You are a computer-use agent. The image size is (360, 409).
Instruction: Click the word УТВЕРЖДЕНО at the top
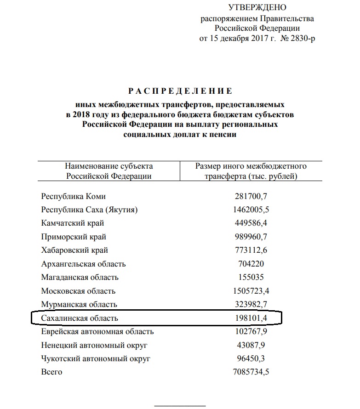[257, 7]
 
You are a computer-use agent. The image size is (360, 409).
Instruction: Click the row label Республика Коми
[74, 197]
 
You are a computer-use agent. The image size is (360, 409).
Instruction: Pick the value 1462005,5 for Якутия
[251, 210]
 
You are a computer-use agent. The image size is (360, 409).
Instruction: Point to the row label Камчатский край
[73, 223]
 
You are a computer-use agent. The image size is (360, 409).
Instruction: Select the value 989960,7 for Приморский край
[251, 237]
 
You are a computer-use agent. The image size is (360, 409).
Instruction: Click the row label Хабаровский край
[75, 250]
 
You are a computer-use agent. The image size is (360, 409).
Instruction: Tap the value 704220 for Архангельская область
[251, 264]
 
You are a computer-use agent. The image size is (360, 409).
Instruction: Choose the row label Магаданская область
[80, 277]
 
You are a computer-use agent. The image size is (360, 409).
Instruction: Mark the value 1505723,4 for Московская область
[251, 291]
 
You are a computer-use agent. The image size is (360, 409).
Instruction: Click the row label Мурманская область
[79, 304]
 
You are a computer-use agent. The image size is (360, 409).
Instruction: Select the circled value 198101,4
[251, 318]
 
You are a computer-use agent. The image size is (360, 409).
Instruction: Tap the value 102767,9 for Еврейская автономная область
[251, 331]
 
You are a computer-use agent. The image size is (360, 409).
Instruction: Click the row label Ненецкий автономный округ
[95, 345]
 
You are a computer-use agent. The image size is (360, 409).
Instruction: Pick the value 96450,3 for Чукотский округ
[251, 358]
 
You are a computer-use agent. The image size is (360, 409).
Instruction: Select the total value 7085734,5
[251, 372]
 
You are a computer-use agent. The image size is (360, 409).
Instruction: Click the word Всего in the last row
[52, 372]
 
